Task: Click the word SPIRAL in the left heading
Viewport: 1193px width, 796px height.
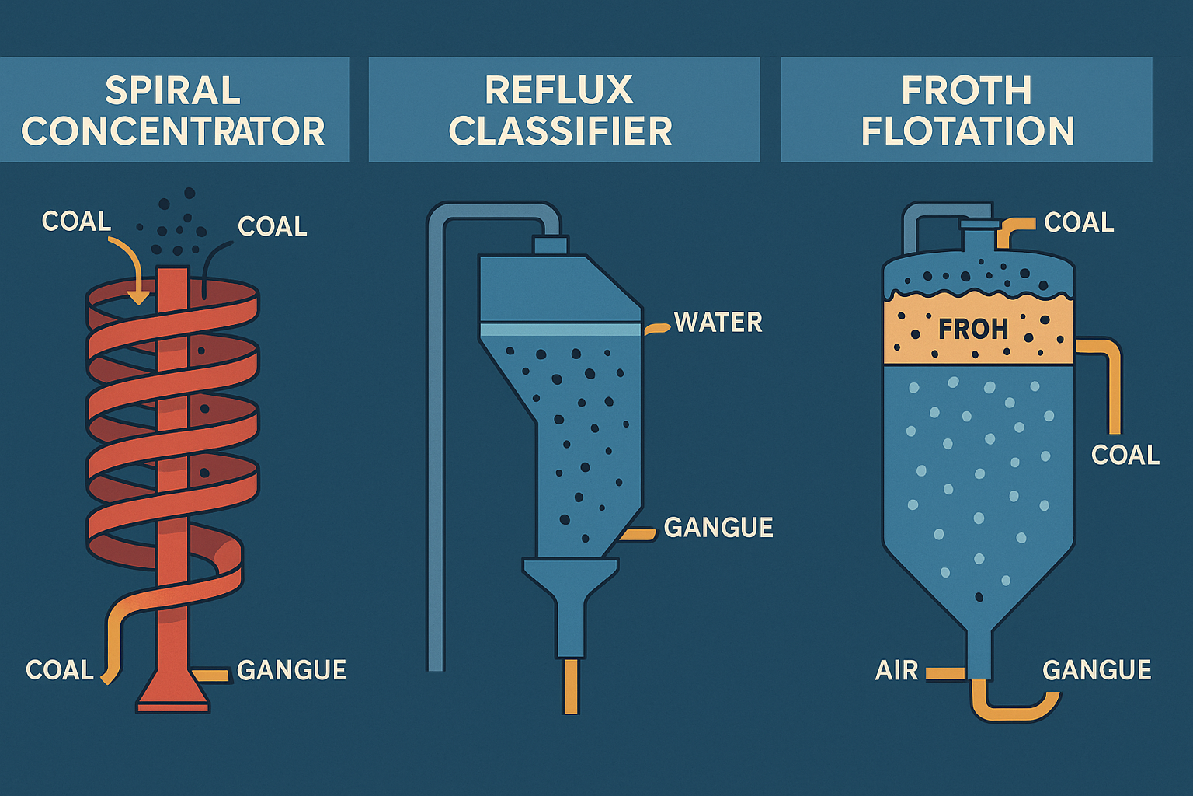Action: pyautogui.click(x=172, y=91)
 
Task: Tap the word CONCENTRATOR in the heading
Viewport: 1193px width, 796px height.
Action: pyautogui.click(x=172, y=131)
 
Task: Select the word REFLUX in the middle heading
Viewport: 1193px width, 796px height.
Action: pyautogui.click(x=559, y=91)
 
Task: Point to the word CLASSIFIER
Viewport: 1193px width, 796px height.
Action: pyautogui.click(x=560, y=131)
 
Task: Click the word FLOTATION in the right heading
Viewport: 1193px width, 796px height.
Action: pyautogui.click(x=968, y=131)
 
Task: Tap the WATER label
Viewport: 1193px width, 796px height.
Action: pyautogui.click(x=718, y=323)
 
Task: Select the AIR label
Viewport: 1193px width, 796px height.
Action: pyautogui.click(x=896, y=670)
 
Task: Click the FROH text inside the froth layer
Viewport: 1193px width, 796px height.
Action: pyautogui.click(x=973, y=330)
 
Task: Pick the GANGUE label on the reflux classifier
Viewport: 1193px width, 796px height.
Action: pyautogui.click(x=718, y=528)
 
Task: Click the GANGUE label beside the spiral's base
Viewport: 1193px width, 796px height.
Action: pyautogui.click(x=291, y=670)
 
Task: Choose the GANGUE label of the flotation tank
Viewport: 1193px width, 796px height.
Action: pyautogui.click(x=1097, y=670)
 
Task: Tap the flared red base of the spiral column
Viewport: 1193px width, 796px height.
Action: pyautogui.click(x=173, y=692)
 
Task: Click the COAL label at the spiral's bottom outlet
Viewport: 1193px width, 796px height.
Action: pyautogui.click(x=59, y=670)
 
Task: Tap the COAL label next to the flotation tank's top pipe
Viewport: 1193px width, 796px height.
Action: pyautogui.click(x=1079, y=223)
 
